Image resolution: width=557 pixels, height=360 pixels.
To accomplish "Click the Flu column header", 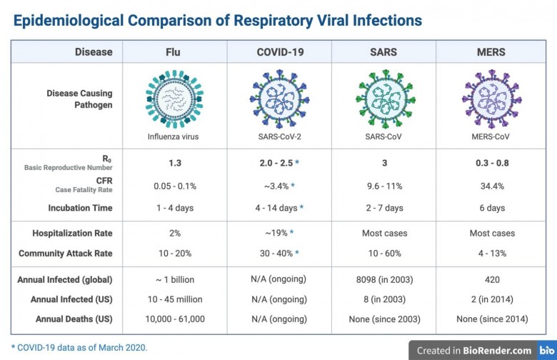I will pyautogui.click(x=175, y=51).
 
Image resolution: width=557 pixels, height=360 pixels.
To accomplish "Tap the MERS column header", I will pyautogui.click(x=492, y=51).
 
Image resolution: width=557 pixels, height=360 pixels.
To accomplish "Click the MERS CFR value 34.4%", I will pyautogui.click(x=492, y=186).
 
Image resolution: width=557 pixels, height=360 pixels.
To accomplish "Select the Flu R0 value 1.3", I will pyautogui.click(x=175, y=164).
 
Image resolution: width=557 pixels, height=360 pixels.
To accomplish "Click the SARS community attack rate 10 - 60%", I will pyautogui.click(x=385, y=254).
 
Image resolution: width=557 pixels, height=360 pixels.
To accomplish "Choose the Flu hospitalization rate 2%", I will pyautogui.click(x=175, y=233).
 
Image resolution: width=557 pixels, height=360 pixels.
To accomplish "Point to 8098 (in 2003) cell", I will pyautogui.click(x=385, y=279).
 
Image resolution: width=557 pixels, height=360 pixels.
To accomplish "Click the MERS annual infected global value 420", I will pyautogui.click(x=492, y=279).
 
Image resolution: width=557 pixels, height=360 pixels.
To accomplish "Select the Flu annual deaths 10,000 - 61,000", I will pyautogui.click(x=175, y=319).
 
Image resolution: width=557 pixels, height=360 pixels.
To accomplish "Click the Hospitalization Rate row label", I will pyautogui.click(x=72, y=233).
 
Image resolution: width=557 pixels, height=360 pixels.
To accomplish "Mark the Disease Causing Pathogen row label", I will pyautogui.click(x=79, y=99).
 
